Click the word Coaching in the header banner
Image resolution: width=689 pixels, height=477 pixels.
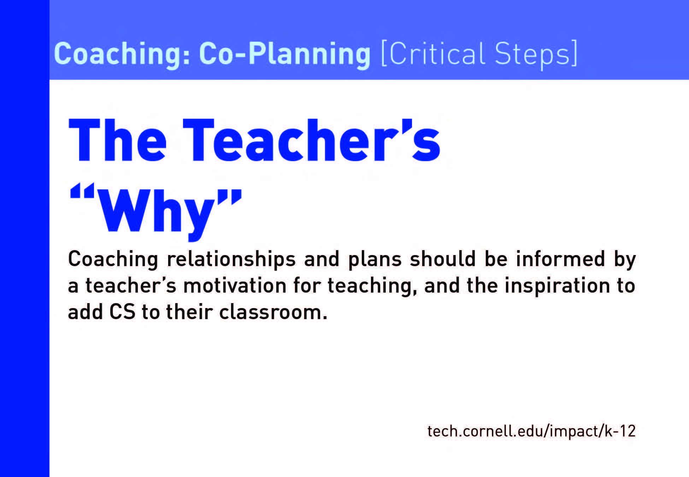coord(122,54)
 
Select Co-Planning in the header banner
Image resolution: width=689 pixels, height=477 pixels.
coord(285,54)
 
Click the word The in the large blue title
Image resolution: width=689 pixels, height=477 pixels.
coord(118,140)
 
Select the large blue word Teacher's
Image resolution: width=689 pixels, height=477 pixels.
coord(311,140)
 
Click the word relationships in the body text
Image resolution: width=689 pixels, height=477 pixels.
coord(231,259)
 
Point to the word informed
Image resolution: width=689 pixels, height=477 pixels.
coord(560,259)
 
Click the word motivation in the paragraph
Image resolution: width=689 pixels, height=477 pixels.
coord(235,285)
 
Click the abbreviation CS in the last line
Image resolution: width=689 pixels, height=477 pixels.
coord(122,312)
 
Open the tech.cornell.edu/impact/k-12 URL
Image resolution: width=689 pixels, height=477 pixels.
coord(531,431)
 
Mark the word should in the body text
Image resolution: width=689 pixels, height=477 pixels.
coord(443,259)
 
